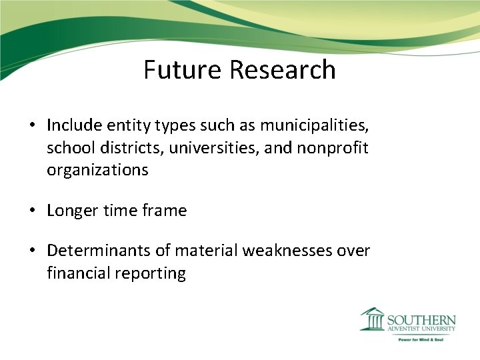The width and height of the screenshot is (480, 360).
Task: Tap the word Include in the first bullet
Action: point(73,125)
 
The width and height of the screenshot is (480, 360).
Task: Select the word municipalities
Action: point(314,125)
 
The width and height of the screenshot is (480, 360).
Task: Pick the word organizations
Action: point(97,170)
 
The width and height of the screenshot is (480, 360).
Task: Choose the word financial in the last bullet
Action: point(77,273)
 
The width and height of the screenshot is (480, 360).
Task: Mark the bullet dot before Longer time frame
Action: point(32,211)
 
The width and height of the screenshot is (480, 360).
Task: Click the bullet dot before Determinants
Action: point(32,251)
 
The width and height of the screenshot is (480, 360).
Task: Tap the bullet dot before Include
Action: point(32,125)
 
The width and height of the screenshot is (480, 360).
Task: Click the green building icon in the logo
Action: point(372,319)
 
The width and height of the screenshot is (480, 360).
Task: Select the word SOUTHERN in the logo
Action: point(421,319)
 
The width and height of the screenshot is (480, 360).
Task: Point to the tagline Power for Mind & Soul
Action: point(421,339)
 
